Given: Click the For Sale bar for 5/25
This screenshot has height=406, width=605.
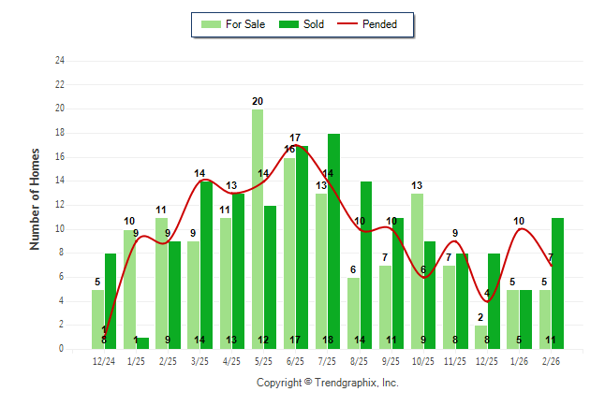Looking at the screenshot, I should pos(258,229).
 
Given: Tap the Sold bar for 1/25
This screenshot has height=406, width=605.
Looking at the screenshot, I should pos(142,343).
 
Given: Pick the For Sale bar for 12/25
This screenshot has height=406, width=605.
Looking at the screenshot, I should pos(480,337).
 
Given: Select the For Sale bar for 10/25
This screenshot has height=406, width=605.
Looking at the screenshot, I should pos(417,271).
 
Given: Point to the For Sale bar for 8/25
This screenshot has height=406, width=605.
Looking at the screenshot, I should pos(353,313).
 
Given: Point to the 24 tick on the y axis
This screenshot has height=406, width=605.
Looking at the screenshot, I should pos(60,61).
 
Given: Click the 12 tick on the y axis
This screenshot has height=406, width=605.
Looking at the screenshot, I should pos(60,205).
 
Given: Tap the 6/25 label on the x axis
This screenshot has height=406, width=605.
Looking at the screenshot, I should pos(296,360).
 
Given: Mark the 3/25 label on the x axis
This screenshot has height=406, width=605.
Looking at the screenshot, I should pos(199,360).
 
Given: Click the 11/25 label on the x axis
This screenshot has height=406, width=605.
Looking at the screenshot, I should pos(455,360).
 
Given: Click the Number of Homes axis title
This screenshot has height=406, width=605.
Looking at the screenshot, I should pos(36,198).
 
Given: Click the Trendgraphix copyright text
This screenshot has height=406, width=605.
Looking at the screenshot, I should pos(328,383).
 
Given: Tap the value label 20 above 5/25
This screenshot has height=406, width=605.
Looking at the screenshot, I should pos(258,101).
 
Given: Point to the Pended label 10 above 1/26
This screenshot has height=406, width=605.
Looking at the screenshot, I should pos(519,221).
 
